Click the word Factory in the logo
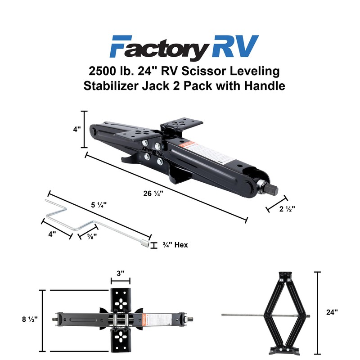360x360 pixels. point(155,46)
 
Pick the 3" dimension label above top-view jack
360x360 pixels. point(120,273)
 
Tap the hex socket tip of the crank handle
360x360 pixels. point(144,243)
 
